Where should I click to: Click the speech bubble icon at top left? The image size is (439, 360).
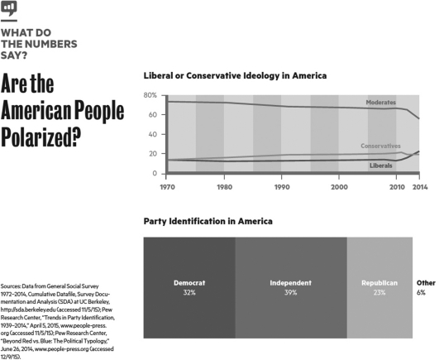[x=9, y=9]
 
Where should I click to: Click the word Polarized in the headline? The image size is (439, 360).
[x=45, y=134]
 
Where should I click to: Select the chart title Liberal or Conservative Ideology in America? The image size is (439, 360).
[x=236, y=76]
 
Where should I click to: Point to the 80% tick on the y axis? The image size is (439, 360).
[x=150, y=95]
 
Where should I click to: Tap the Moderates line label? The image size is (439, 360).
[x=382, y=102]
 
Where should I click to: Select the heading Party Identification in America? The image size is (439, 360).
[x=208, y=223]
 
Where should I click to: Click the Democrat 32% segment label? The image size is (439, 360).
[x=189, y=287]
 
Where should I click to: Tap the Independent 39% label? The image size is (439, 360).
[x=290, y=287]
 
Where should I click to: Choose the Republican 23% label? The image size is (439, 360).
[x=379, y=287]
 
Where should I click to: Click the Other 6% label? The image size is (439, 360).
[x=426, y=287]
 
